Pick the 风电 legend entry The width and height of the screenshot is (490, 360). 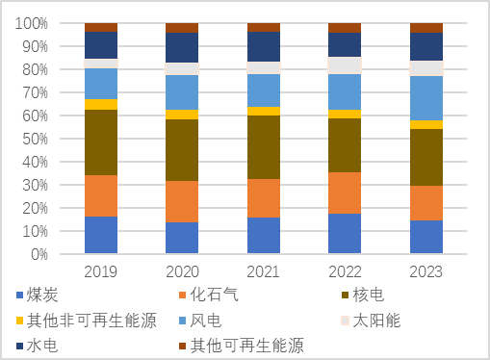pyautogui.click(x=205, y=321)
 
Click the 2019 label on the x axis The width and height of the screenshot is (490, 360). pyautogui.click(x=101, y=271)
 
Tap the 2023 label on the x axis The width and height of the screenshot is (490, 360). pyautogui.click(x=426, y=271)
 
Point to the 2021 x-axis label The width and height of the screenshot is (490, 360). pyautogui.click(x=264, y=271)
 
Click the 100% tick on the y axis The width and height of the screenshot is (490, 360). pyautogui.click(x=33, y=23)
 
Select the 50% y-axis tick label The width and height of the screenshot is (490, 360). pyautogui.click(x=36, y=139)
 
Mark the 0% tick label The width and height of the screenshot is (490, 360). pyautogui.click(x=39, y=254)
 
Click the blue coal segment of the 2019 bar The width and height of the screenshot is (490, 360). pyautogui.click(x=101, y=236)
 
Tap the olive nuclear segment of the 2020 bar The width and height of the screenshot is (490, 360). pyautogui.click(x=182, y=150)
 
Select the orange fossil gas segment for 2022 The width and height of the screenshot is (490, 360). pyautogui.click(x=345, y=193)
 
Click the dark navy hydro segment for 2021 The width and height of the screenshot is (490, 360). pyautogui.click(x=264, y=46)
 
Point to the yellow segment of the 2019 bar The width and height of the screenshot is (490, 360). pyautogui.click(x=101, y=104)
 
